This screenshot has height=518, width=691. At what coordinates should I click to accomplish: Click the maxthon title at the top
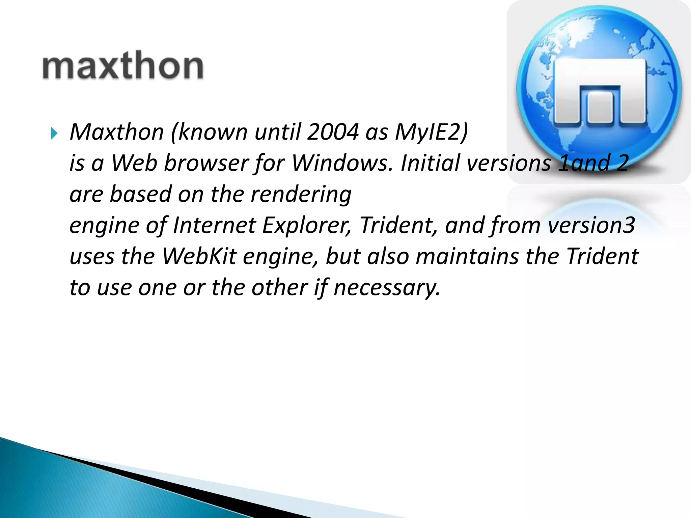pos(123,65)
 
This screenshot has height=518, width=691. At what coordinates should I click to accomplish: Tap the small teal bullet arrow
pos(54,134)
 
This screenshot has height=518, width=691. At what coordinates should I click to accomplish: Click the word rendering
pos(301,195)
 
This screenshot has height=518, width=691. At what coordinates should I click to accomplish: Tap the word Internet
pos(214,225)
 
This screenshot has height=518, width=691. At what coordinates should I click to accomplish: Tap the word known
pos(213,132)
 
